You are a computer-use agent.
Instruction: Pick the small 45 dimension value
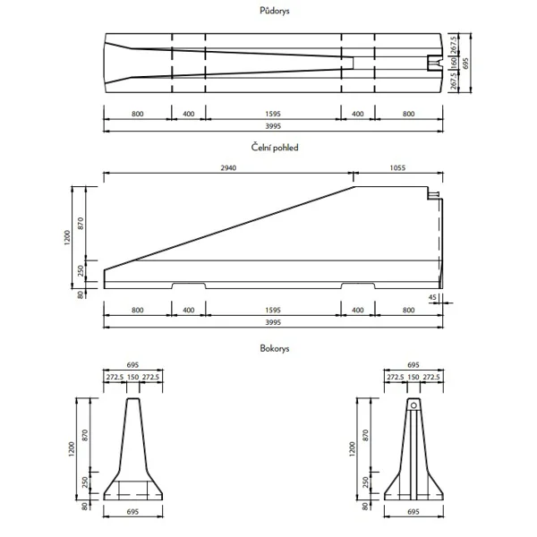433,296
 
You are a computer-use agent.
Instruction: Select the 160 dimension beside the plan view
454,63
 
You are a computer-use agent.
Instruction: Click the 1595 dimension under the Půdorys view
274,115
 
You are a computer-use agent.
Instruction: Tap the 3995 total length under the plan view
274,127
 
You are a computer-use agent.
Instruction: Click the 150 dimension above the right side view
413,377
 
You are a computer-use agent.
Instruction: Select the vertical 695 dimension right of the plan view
465,63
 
